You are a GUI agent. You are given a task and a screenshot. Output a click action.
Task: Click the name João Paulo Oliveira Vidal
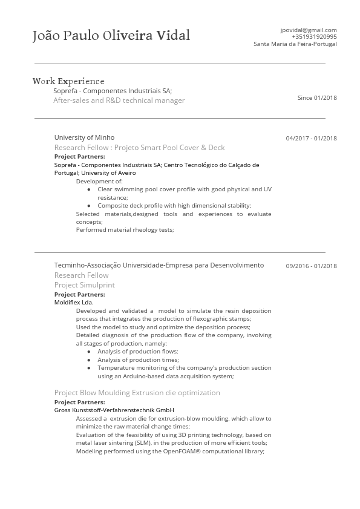pyautogui.click(x=111, y=36)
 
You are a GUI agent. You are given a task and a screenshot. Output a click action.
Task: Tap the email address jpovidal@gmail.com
pyautogui.click(x=308, y=30)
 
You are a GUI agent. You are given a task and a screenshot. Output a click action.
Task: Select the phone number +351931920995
pyautogui.click(x=314, y=36)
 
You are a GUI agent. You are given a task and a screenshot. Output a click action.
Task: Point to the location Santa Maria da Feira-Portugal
pyautogui.click(x=295, y=44)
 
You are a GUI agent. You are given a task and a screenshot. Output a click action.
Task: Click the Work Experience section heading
pyautogui.click(x=68, y=81)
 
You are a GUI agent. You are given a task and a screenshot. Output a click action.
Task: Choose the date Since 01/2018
pyautogui.click(x=317, y=97)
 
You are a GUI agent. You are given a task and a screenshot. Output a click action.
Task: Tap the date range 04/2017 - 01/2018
pyautogui.click(x=311, y=139)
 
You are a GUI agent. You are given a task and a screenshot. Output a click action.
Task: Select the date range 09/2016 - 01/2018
pyautogui.click(x=311, y=266)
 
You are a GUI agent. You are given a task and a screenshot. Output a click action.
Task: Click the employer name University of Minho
pyautogui.click(x=84, y=137)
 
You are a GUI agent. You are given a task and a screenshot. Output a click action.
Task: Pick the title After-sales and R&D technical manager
pyautogui.click(x=119, y=100)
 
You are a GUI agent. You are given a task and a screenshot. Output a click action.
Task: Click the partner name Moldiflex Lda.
pyautogui.click(x=74, y=302)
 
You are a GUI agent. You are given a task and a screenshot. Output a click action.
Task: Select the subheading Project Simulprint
pyautogui.click(x=84, y=285)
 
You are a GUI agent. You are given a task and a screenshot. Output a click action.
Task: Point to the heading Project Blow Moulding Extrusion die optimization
pyautogui.click(x=137, y=393)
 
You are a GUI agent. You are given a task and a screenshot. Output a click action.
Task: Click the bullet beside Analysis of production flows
pyautogui.click(x=89, y=352)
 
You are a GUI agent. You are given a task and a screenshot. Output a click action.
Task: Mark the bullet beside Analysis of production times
pyautogui.click(x=89, y=360)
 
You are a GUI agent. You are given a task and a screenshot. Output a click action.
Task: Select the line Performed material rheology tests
pyautogui.click(x=125, y=230)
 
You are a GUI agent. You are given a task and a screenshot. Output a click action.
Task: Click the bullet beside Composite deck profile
pyautogui.click(x=89, y=206)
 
